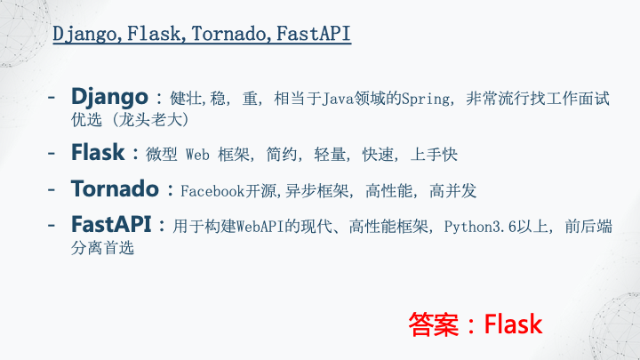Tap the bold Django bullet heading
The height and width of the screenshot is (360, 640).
109,96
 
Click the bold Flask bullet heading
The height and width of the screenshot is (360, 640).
98,152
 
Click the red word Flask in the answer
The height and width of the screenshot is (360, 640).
514,324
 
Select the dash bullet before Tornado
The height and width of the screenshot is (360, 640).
53,188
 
